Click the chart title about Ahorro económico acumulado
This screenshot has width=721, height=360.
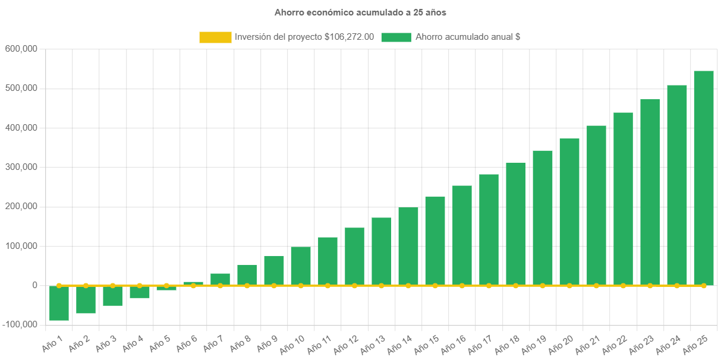[360, 12]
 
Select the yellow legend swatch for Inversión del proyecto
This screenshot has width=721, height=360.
[215, 37]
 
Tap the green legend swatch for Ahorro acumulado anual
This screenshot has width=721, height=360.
[396, 37]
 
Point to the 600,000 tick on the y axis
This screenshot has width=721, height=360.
[21, 48]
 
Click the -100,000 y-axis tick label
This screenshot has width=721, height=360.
[20, 324]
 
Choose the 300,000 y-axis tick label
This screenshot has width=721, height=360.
[21, 167]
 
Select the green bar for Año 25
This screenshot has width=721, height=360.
[704, 178]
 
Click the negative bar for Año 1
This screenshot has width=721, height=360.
[59, 303]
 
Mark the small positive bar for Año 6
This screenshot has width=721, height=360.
[193, 283]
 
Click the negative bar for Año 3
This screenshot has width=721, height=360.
[112, 296]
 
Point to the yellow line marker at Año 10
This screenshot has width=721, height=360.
[301, 286]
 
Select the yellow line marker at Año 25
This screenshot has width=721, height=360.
[704, 286]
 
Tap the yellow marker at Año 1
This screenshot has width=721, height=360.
[59, 286]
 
